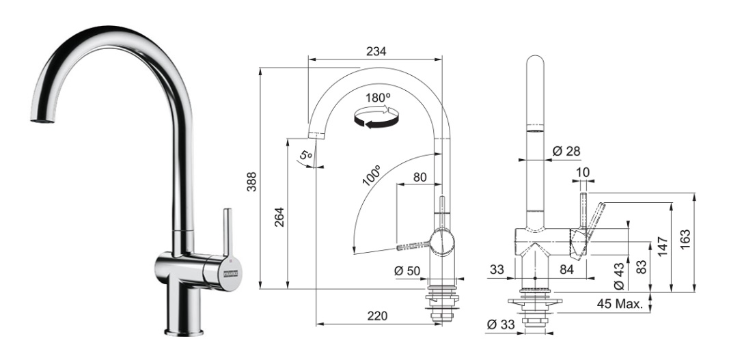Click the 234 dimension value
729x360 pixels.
(x=376, y=51)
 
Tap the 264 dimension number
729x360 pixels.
(x=279, y=217)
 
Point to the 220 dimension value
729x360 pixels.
(x=378, y=316)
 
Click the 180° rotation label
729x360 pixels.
(x=378, y=98)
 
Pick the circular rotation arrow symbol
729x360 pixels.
(x=376, y=116)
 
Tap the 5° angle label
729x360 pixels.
(x=305, y=154)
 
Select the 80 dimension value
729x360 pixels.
(x=419, y=177)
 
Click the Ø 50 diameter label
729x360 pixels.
(x=408, y=271)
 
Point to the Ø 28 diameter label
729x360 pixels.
(x=567, y=151)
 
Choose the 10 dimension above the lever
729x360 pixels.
(x=583, y=173)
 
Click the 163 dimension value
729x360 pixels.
(x=685, y=240)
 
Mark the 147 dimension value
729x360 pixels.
(x=663, y=246)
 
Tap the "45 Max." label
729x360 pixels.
(x=620, y=305)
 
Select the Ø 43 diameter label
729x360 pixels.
(x=619, y=277)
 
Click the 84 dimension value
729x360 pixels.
(x=567, y=269)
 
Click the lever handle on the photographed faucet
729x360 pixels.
(x=227, y=232)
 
